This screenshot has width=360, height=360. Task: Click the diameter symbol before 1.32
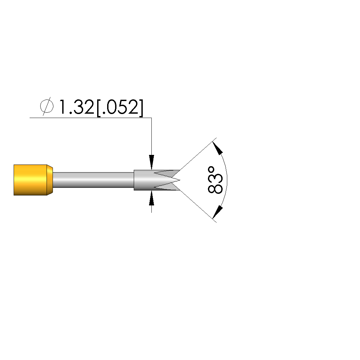pos(47,106)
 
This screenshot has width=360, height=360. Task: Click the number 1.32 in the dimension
pos(77,107)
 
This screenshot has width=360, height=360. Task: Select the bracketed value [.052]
pos(120,108)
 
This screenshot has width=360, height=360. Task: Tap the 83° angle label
pos(215,180)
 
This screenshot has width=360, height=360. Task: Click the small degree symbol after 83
pos(211,170)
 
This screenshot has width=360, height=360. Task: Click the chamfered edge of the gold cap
pos(50,180)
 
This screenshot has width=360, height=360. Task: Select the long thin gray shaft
pos(93,180)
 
